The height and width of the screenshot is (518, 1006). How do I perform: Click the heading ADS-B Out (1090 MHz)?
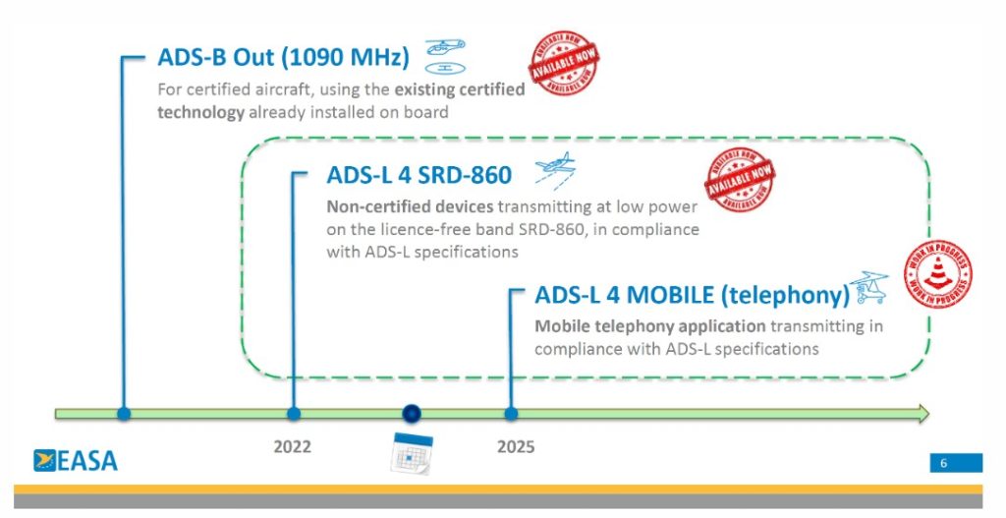[283, 57]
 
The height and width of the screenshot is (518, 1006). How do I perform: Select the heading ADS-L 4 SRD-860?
[419, 175]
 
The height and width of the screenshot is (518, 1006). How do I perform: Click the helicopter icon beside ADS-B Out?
[445, 56]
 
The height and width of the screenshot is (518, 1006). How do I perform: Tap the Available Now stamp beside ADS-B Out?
[564, 58]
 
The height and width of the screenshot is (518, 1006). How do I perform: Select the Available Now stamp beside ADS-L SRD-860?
[740, 178]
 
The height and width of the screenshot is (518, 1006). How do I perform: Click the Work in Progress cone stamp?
[938, 275]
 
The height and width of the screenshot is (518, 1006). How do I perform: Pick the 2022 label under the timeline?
[292, 447]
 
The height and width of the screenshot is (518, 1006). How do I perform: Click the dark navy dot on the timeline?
[413, 414]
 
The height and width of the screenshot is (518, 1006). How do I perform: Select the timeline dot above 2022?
[293, 414]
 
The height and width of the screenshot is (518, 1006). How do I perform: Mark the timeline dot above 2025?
[511, 414]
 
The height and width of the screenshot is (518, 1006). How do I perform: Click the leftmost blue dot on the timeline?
[123, 414]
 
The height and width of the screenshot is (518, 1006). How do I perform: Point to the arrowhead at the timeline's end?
[921, 414]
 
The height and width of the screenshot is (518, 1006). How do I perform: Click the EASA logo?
[76, 459]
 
